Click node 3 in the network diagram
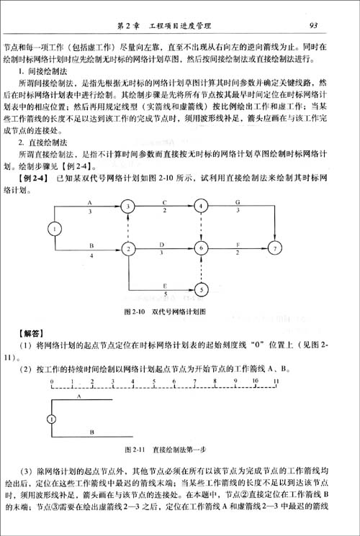[x=128, y=206]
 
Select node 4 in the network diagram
[x=201, y=206]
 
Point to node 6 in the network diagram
[x=201, y=249]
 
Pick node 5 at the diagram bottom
[x=201, y=290]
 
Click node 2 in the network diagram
[x=128, y=249]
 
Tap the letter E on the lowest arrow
[x=166, y=285]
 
